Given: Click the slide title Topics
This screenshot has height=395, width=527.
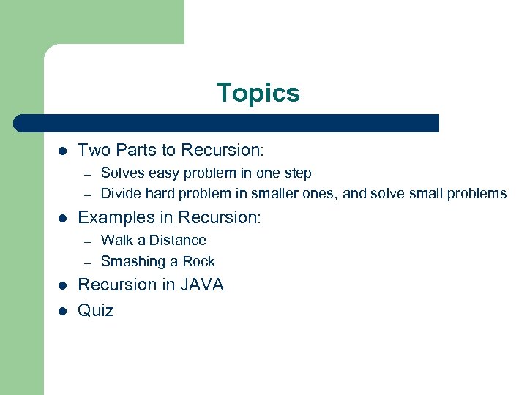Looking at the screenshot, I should coord(258,94).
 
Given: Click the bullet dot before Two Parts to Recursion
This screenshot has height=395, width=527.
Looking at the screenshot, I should coord(63,151).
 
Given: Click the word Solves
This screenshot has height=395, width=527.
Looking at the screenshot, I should coord(120,173).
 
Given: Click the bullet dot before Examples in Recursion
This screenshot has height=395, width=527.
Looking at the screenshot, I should coord(63,218).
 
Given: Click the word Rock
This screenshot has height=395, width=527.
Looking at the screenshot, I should coord(199,261).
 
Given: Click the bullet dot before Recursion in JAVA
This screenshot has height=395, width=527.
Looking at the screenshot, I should coord(63,285).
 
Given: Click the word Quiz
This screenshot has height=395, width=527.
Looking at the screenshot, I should coord(96,310).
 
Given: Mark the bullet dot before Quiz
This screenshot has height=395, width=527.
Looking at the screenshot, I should coord(63,311).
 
